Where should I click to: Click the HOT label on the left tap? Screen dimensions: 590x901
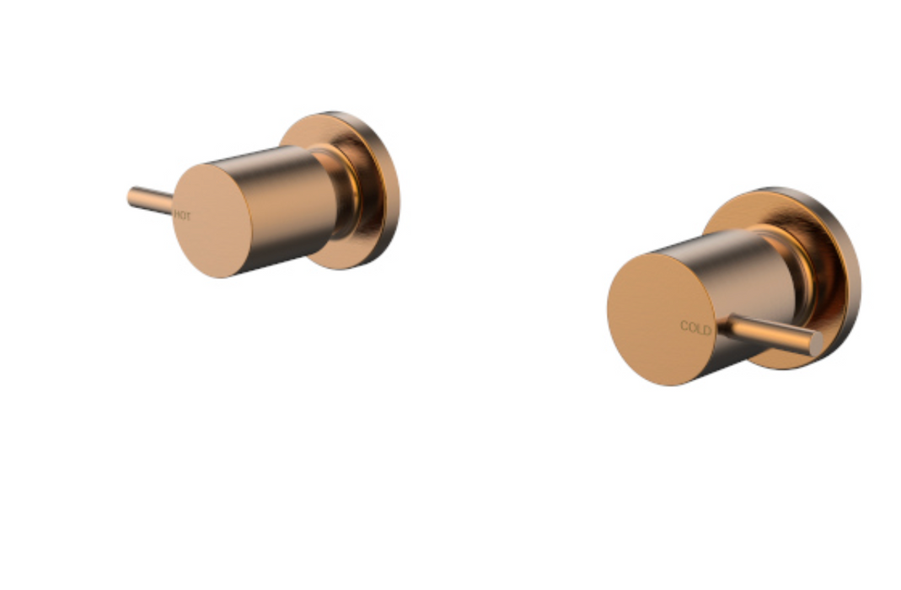(182, 217)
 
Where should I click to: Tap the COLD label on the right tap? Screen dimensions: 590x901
(695, 329)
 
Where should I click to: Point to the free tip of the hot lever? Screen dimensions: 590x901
(131, 198)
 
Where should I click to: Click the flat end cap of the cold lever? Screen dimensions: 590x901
(815, 344)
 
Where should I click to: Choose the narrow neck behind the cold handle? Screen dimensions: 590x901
(805, 278)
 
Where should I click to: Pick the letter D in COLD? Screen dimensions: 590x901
(707, 330)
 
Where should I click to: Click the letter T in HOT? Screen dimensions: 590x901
(188, 217)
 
